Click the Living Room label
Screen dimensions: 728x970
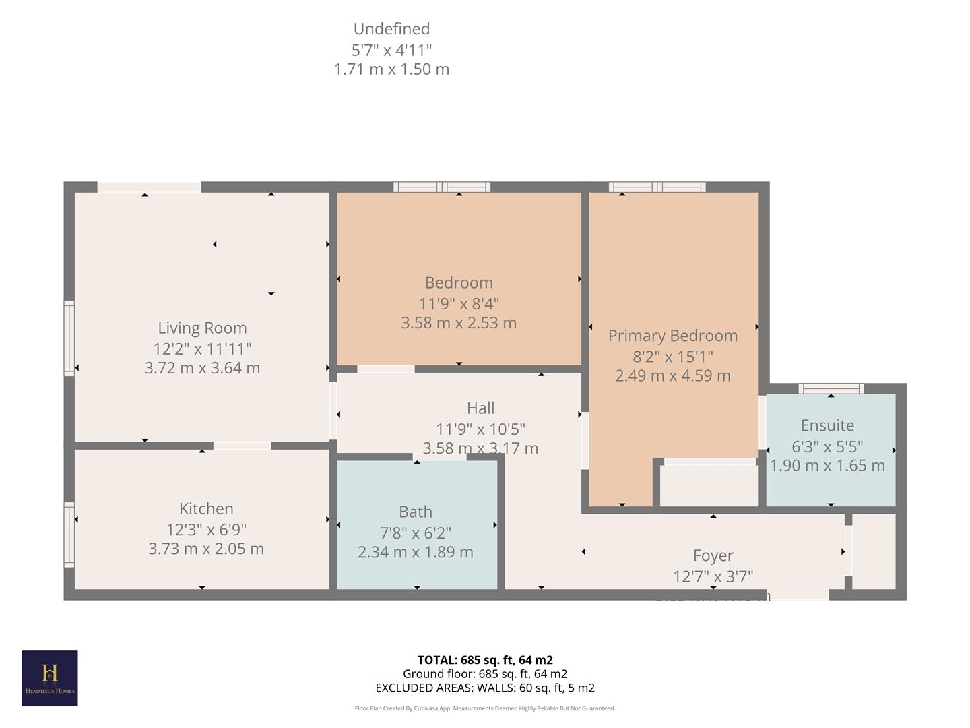pos(202,328)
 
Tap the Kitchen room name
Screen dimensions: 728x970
pos(206,509)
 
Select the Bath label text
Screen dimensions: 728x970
pos(416,512)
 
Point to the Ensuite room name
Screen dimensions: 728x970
pos(827,426)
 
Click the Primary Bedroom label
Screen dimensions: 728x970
pos(673,336)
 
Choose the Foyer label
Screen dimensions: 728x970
pos(713,556)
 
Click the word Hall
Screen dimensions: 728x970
pos(480,408)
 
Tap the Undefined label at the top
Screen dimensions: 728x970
pos(391,29)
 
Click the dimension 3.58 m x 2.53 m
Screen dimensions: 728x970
pos(459,323)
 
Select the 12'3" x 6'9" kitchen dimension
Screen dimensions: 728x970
pos(206,530)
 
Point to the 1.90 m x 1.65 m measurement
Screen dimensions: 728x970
pos(827,466)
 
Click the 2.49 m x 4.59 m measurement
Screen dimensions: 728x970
pos(673,376)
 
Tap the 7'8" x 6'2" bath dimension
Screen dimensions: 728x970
pos(416,533)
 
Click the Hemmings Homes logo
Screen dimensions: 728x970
pos(50,678)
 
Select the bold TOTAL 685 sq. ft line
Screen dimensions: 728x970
pos(485,660)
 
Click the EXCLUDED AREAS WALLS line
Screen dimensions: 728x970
pos(485,688)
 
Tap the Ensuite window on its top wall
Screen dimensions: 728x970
pos(831,388)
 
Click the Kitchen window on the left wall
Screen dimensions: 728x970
pos(69,535)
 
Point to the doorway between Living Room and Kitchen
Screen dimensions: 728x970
pos(242,446)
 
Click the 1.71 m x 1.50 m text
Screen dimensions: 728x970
pos(391,69)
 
